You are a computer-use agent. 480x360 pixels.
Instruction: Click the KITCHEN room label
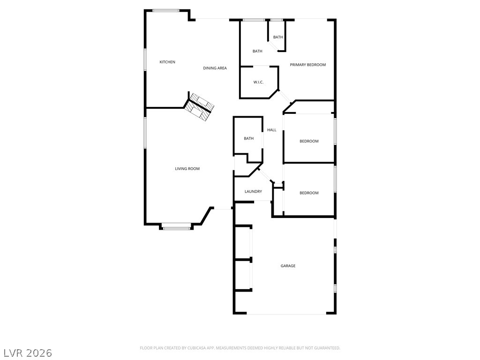pos(167,62)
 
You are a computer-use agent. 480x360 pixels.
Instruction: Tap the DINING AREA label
pos(215,68)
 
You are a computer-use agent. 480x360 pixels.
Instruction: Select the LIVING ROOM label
pos(187,169)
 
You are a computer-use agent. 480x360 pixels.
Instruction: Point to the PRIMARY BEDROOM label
pos(307,65)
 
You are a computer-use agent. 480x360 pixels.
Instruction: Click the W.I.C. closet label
pos(258,82)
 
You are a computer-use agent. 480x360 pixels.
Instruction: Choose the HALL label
pos(272,130)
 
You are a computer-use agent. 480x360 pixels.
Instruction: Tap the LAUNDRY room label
pos(253,191)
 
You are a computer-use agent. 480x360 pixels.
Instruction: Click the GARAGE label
pos(288,266)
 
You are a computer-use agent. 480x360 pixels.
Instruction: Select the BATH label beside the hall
pos(248,138)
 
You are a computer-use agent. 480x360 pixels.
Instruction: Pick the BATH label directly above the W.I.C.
pos(257,51)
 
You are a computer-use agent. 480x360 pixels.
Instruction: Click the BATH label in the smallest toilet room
pos(278,37)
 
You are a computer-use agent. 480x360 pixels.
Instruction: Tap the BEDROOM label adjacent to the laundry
pos(309,193)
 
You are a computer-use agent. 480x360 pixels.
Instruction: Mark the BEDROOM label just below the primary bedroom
pos(309,141)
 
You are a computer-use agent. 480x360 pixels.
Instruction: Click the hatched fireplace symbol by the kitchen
pos(199,107)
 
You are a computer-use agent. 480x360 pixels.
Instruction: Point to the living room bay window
pos(177,228)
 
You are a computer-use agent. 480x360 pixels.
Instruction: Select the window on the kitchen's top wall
pos(165,10)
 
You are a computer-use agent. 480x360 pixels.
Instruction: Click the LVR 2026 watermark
pos(27,352)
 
